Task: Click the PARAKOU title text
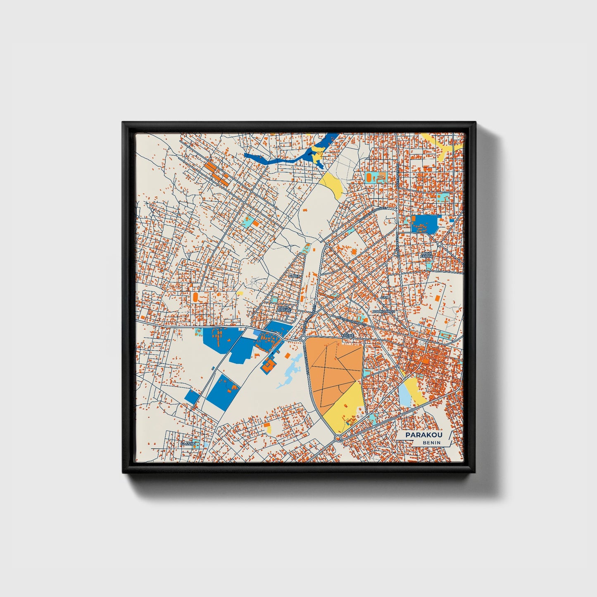pos(424,435)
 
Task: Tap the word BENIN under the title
pos(431,443)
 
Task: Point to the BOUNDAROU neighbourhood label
pos(384,311)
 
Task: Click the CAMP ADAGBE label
pos(284,309)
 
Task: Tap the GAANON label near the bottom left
pos(187,444)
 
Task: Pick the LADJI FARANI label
pos(426,255)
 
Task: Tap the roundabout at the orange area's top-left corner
pos(303,338)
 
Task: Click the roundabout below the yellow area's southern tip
pos(338,438)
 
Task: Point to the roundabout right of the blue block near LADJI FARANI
pos(439,244)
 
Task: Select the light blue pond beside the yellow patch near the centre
pos(404,394)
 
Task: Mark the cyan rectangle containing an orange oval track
pos(376,178)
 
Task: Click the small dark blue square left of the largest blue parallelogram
pos(192,397)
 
